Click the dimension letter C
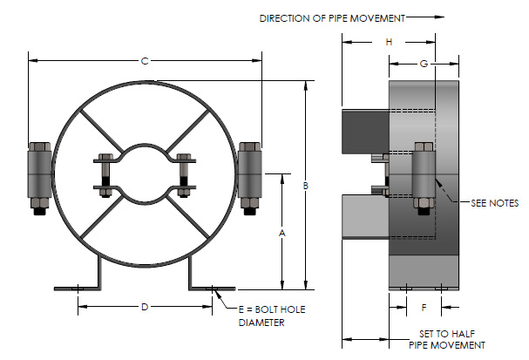[145, 60]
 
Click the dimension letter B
[306, 187]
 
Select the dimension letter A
[281, 233]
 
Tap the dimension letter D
[145, 306]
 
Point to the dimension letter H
[390, 42]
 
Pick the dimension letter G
[424, 64]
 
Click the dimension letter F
[424, 307]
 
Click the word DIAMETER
[261, 322]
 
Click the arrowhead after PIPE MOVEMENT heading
[439, 16]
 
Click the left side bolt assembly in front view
[40, 177]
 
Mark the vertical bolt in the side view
[422, 179]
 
